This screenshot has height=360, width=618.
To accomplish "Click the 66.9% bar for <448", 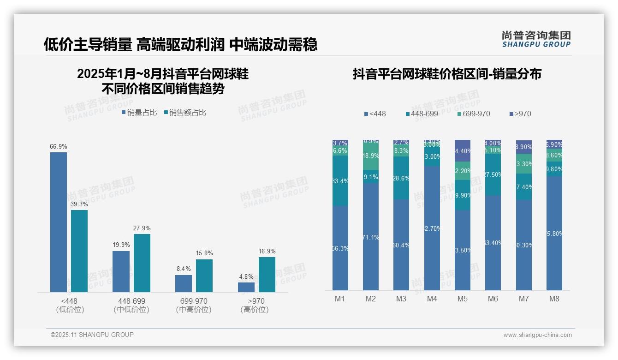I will pos(59,222).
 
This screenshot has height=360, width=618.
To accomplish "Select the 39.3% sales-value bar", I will pos(79,251).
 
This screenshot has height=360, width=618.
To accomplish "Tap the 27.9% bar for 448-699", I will pos(142,263).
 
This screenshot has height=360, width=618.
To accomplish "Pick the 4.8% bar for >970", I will pos(246,287).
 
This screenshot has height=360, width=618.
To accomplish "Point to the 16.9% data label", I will pos(267,252).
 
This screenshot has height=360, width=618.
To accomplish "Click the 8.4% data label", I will pos(184,269).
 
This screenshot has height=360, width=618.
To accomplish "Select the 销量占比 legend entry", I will pos(139,113).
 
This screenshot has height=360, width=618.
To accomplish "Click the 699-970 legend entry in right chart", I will pos(474,114).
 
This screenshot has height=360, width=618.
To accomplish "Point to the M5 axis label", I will pos(462,299).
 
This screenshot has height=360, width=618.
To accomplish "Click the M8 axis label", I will pos(554,299).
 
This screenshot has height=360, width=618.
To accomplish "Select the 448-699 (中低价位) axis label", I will pos(131,306).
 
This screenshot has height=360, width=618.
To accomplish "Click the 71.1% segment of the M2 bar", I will pos(371,237).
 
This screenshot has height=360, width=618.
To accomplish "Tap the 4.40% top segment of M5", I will pos(463,150).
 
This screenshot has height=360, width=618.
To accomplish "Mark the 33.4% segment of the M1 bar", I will pos(340,180).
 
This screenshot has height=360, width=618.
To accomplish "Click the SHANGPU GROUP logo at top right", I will pos(536,39).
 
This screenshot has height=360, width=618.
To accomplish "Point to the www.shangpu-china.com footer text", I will pos(537,335).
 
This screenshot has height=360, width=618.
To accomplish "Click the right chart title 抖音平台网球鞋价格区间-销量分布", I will pos(447,74).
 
